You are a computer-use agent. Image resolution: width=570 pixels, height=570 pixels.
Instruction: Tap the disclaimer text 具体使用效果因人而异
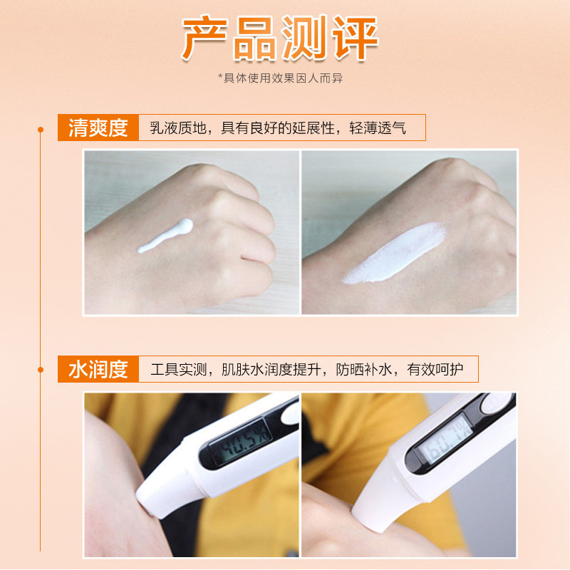pyautogui.click(x=285, y=78)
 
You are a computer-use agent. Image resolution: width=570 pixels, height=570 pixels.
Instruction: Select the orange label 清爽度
pyautogui.click(x=98, y=128)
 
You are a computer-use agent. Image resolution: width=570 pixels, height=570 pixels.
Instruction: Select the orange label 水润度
pyautogui.click(x=98, y=369)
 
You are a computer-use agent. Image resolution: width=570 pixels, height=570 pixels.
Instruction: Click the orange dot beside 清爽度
pyautogui.click(x=41, y=129)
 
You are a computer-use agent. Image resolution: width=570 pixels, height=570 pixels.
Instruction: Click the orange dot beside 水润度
pyautogui.click(x=41, y=369)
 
